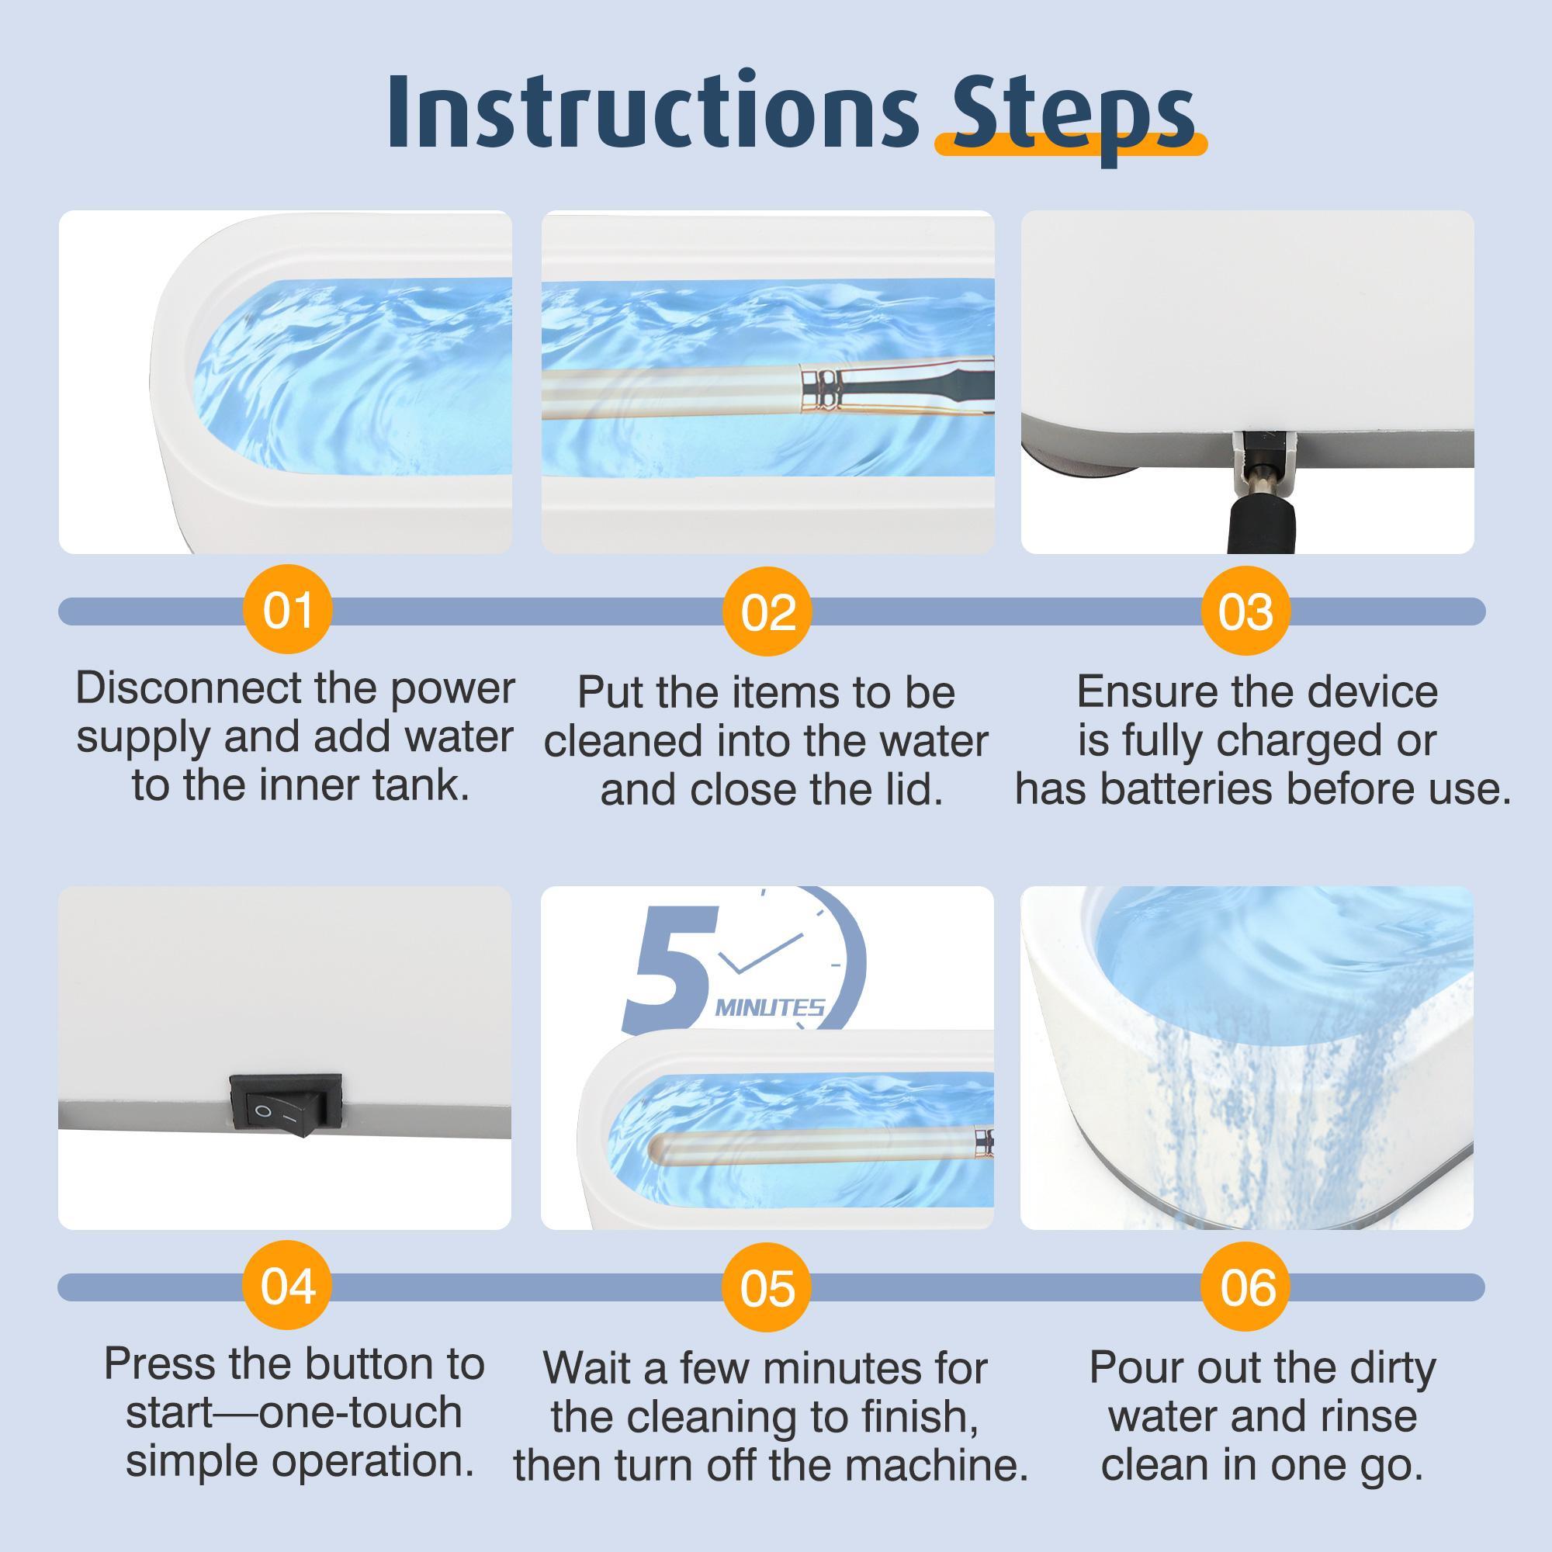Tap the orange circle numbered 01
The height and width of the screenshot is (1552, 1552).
(287, 611)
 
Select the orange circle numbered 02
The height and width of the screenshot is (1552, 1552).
(767, 612)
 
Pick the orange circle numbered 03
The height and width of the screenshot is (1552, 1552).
(1245, 612)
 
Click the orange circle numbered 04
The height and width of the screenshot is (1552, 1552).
(287, 1286)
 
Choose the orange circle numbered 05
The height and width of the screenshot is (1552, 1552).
(767, 1287)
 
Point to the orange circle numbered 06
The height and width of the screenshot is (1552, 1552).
(1247, 1287)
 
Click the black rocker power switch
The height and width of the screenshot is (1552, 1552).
(286, 1105)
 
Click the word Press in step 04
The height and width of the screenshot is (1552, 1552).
(160, 1364)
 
